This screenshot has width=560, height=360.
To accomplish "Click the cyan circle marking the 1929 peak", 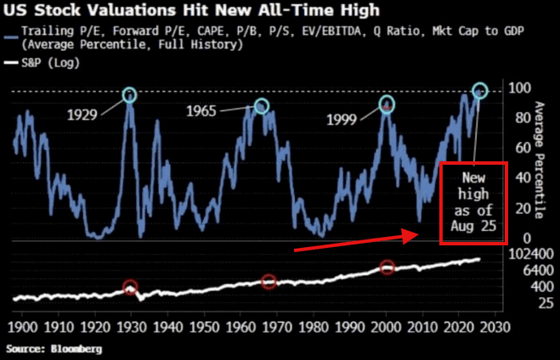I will pos(129,95).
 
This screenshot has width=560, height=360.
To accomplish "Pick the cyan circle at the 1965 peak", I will pos(262,106).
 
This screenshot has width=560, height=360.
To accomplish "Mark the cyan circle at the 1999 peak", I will pos(387,105).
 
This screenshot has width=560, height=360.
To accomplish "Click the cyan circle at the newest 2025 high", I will pos(480,90).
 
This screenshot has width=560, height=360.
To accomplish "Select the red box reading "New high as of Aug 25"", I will pos(472,203).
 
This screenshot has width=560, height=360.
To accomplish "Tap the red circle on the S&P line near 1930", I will pos(130,288).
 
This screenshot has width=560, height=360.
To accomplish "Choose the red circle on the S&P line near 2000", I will pos(387,267).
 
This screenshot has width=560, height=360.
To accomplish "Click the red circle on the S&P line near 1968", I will pos(269,281).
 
